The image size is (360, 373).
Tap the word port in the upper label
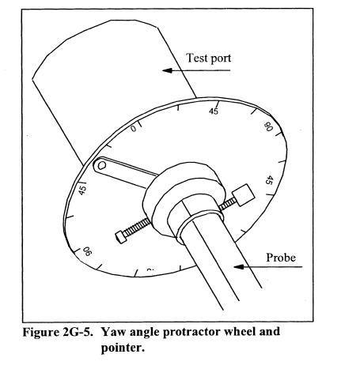click(x=219, y=59)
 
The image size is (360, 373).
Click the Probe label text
click(x=281, y=258)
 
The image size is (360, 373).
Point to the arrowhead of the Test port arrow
click(x=167, y=70)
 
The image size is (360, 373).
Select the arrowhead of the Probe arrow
click(x=239, y=267)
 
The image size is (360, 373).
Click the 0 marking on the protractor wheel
click(x=134, y=129)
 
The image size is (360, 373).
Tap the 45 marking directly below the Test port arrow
click(x=214, y=111)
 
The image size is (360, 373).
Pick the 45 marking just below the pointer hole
click(x=82, y=190)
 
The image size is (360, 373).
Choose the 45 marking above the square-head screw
click(x=269, y=180)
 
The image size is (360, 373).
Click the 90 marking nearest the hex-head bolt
click(x=87, y=251)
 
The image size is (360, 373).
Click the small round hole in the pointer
click(x=101, y=165)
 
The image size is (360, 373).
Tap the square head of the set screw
click(x=244, y=195)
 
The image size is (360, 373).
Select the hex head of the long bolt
click(x=119, y=236)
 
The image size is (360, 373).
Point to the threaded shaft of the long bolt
click(x=137, y=227)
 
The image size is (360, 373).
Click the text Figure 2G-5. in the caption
click(x=58, y=332)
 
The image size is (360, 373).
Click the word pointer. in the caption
click(x=123, y=349)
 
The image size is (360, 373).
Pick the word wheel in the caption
click(x=240, y=332)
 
